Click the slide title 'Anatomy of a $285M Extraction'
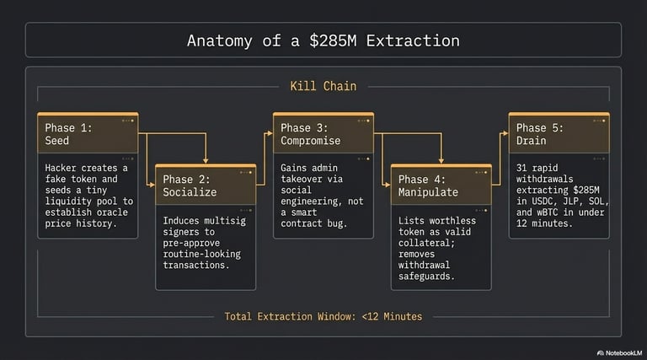[323, 40]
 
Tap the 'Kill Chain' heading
[323, 86]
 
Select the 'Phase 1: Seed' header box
[88, 134]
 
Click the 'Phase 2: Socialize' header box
[206, 185]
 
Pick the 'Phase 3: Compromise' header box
[323, 134]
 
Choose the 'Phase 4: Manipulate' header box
[441, 185]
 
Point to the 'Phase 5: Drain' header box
[559, 134]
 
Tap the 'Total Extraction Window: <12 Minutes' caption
[323, 316]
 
